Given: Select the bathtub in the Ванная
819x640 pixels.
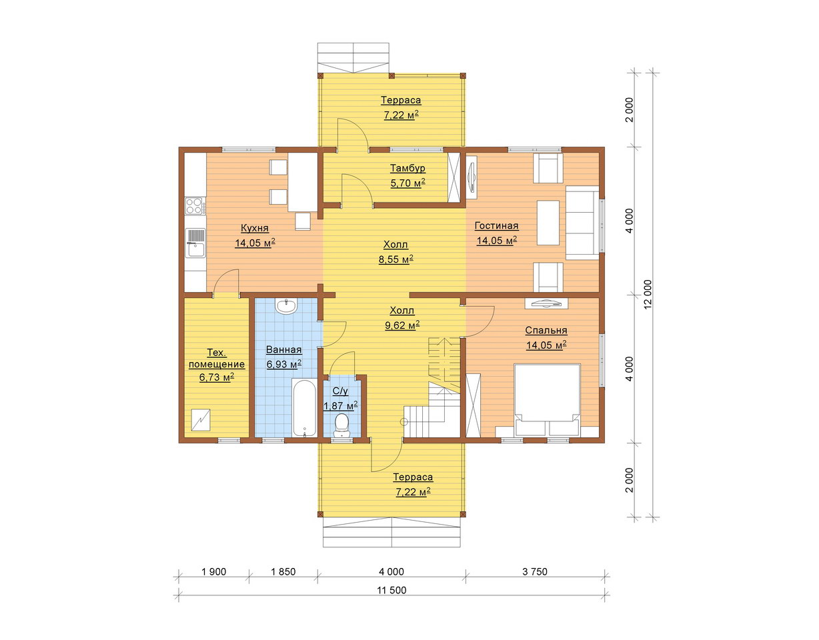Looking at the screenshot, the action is (304, 407).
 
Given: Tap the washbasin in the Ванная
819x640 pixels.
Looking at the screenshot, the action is (287, 305).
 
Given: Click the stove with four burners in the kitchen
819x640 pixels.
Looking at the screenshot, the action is (195, 206).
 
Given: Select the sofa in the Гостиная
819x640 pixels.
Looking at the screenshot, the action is (583, 225).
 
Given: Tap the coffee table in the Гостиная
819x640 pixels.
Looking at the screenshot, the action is (548, 223).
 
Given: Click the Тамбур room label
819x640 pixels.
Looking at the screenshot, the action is (407, 168).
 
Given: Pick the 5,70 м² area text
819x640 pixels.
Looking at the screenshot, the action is (407, 183).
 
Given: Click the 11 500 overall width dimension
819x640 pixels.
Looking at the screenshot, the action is (391, 590).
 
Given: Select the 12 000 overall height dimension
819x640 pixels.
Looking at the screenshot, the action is (648, 294).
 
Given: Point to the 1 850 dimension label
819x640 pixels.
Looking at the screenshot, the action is (283, 571).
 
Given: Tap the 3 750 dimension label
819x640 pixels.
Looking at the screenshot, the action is (535, 571).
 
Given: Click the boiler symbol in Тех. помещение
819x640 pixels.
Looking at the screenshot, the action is (201, 419).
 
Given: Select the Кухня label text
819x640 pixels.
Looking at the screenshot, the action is (255, 228).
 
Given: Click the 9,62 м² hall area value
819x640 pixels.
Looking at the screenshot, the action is (402, 325).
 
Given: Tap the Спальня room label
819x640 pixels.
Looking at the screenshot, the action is (546, 331).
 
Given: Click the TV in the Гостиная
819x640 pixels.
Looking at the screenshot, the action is (472, 175).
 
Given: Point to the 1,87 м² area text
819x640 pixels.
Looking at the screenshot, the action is (341, 406).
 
